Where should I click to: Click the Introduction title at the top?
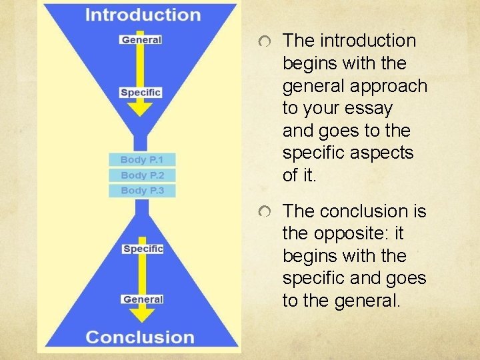[x=143, y=15]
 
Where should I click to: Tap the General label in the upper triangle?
[x=141, y=39]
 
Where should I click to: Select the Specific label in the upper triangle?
[x=141, y=92]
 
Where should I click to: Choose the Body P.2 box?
[x=142, y=175]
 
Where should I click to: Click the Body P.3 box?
[x=142, y=191]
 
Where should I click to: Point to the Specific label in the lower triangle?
[x=143, y=249]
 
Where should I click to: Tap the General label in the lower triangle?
[x=143, y=299]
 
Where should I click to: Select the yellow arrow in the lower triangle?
[x=143, y=274]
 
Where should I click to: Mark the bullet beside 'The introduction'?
[x=265, y=43]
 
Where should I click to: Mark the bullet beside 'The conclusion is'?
[x=265, y=213]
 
